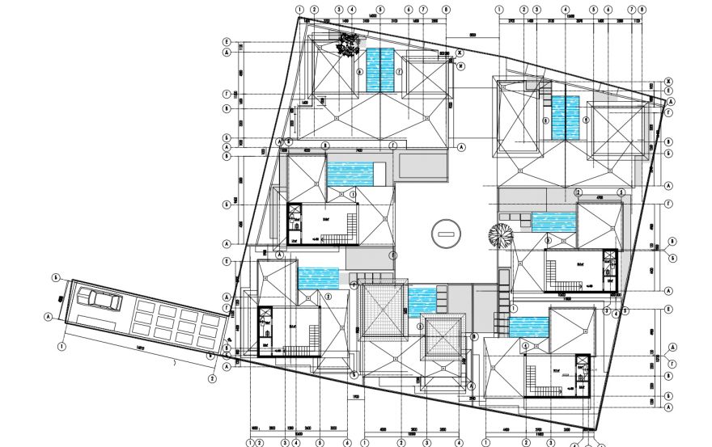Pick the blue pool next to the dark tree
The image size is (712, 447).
pyautogui.click(x=380, y=70)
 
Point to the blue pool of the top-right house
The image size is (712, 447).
pyautogui.click(x=566, y=117)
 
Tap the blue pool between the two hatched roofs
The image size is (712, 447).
pyautogui.click(x=422, y=302)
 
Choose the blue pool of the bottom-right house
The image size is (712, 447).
pyautogui.click(x=529, y=327)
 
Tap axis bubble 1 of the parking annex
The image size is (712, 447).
pyautogui.click(x=62, y=347)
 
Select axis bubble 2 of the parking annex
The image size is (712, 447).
pyautogui.click(x=212, y=377)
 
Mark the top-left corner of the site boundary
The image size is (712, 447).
pyautogui.click(x=299, y=19)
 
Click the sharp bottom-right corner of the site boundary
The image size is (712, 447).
pyautogui.click(x=599, y=429)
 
